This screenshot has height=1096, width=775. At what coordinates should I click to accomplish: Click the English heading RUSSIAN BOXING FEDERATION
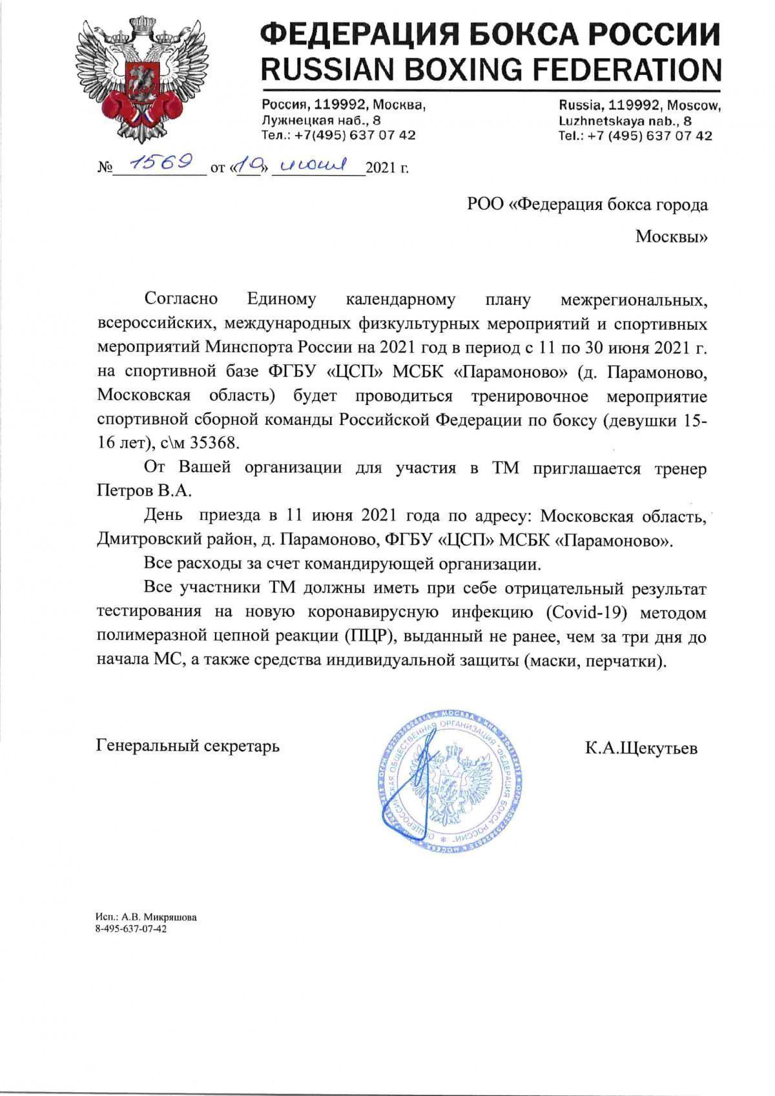[x=490, y=69]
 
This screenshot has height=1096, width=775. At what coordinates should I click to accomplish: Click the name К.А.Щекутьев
[x=641, y=748]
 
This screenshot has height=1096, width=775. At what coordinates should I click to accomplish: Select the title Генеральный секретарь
[x=188, y=746]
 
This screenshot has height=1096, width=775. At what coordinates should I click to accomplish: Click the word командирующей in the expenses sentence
[x=369, y=563]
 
